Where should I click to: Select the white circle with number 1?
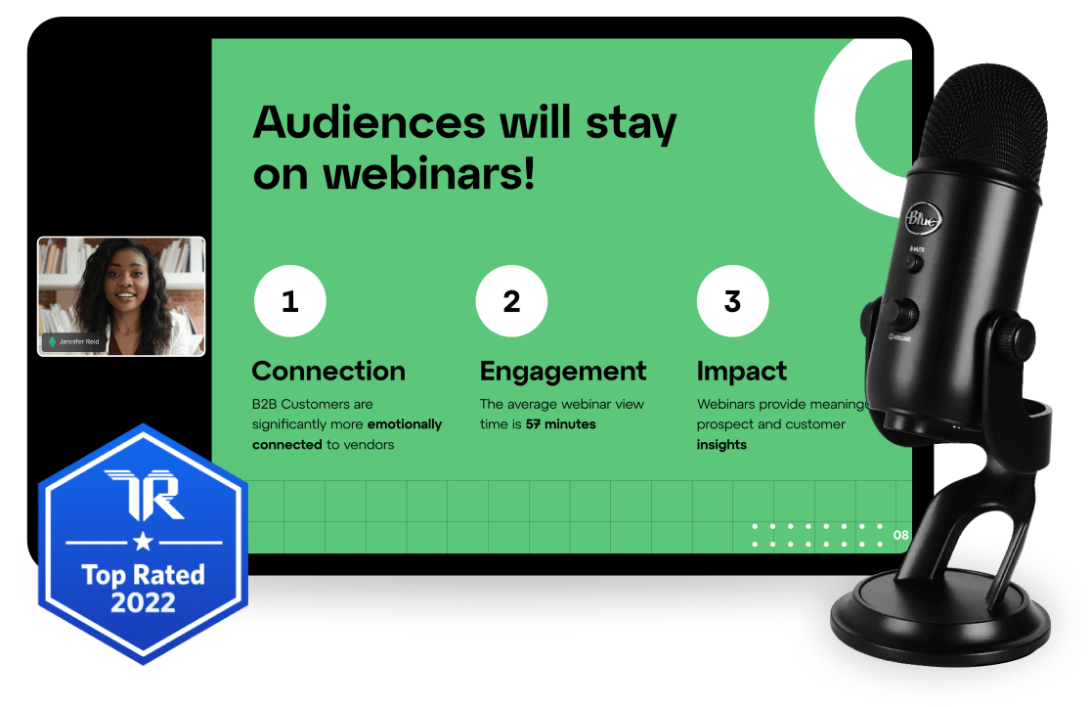click(x=289, y=302)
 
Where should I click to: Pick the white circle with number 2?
click(x=511, y=302)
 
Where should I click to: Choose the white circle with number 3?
click(x=732, y=302)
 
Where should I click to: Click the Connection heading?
click(x=328, y=372)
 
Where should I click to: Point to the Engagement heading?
click(x=563, y=372)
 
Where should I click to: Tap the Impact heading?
click(x=742, y=372)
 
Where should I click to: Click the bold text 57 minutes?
click(x=560, y=424)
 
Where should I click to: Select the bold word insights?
click(x=721, y=445)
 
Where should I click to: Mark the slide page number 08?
click(x=900, y=535)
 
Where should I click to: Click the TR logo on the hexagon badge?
click(x=143, y=495)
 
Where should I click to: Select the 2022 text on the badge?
click(x=143, y=601)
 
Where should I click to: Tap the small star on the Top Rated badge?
click(x=143, y=540)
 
